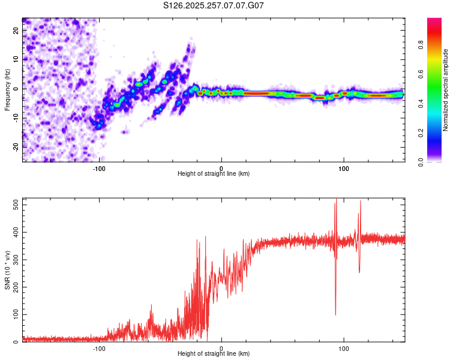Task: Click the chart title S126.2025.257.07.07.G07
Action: pyautogui.click(x=214, y=5)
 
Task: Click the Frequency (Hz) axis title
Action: pyautogui.click(x=7, y=90)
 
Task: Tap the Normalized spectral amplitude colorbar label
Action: pyautogui.click(x=446, y=90)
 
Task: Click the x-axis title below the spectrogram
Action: pyautogui.click(x=214, y=174)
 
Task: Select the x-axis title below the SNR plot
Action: pyautogui.click(x=214, y=354)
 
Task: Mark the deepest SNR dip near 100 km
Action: pyautogui.click(x=335, y=314)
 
